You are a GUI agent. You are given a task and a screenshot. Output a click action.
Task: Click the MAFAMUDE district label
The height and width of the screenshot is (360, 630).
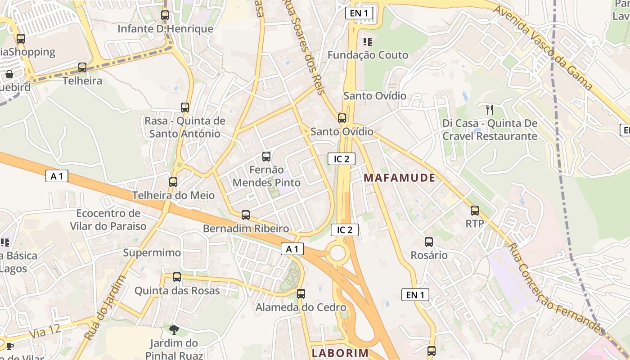(x=399, y=178)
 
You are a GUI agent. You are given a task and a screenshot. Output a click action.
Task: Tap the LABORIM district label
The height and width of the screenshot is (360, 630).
(x=340, y=353)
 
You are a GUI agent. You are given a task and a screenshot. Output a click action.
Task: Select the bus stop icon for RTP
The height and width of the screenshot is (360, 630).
(x=475, y=211)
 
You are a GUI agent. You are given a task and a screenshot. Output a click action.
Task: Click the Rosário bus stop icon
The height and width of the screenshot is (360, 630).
(x=429, y=242)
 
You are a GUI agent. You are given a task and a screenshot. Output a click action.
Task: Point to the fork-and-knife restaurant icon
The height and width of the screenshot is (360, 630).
(x=490, y=109)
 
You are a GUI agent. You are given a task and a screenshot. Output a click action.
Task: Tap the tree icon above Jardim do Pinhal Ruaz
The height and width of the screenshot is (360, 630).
(x=174, y=330)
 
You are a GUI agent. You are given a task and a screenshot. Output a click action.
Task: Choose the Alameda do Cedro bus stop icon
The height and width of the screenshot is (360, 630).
(x=301, y=294)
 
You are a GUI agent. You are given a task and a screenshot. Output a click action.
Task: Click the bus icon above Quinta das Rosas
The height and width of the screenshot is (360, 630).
(x=177, y=277)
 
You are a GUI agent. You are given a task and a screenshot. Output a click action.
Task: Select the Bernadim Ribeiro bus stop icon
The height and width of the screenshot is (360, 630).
(x=246, y=215)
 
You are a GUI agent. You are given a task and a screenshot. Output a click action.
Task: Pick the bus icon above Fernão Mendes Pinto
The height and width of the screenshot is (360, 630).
(x=266, y=157)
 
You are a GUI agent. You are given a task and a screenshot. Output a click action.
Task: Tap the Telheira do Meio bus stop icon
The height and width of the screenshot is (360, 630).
(x=173, y=182)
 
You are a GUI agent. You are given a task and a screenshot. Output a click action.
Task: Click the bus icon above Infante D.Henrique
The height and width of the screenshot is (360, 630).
(x=165, y=15)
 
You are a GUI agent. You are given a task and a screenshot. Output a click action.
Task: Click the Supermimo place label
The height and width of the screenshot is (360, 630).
(x=152, y=252)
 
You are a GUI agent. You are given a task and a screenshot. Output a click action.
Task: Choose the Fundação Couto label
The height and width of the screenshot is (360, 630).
(x=368, y=55)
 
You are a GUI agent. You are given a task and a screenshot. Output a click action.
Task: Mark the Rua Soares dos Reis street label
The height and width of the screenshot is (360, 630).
(x=302, y=47)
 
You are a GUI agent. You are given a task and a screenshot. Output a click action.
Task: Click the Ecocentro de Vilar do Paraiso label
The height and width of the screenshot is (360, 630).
(x=108, y=220)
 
